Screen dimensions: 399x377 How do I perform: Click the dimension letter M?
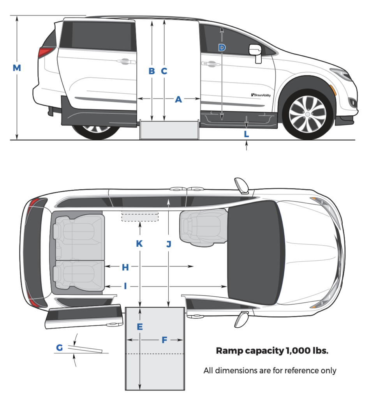click(x=16, y=68)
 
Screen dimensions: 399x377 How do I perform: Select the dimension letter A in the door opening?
click(x=178, y=100)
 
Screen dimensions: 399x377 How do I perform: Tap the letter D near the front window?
click(x=221, y=48)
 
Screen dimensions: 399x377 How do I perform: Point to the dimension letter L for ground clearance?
click(x=246, y=134)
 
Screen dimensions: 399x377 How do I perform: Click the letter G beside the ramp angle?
click(x=59, y=348)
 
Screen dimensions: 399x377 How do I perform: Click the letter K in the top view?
click(x=139, y=244)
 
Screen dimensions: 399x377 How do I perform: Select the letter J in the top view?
click(x=168, y=244)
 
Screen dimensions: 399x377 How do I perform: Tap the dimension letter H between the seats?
click(x=125, y=267)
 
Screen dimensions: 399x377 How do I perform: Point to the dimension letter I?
click(x=125, y=286)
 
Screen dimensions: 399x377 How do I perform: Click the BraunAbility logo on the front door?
click(x=261, y=95)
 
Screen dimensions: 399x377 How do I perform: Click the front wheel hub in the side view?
click(x=307, y=114)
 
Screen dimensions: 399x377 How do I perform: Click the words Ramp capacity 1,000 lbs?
click(x=272, y=351)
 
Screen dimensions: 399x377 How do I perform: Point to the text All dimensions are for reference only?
click(x=270, y=371)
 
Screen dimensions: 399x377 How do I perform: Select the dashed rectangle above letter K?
click(x=140, y=217)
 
